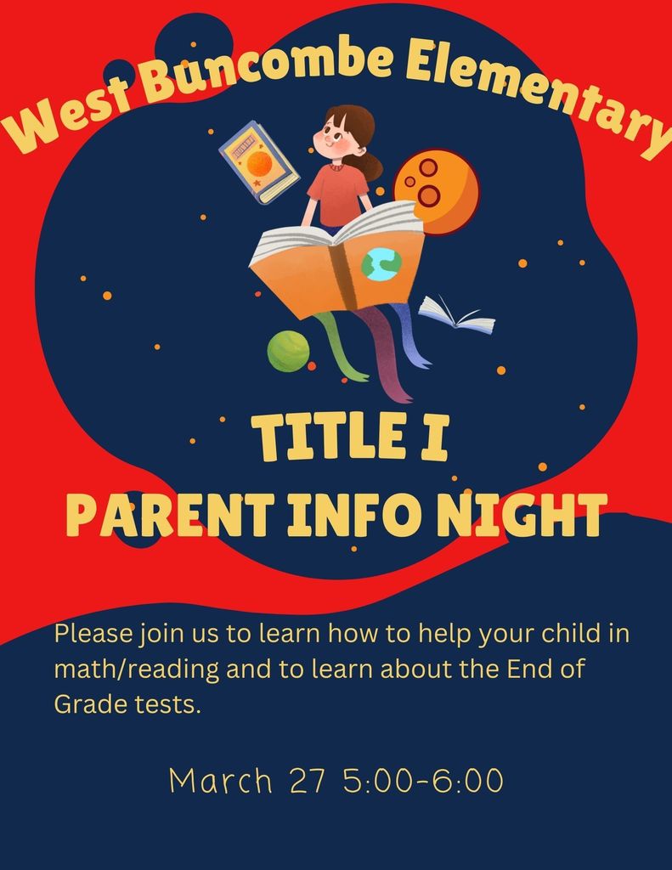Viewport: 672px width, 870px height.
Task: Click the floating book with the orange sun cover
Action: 258,162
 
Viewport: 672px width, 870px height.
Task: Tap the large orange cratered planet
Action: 437,191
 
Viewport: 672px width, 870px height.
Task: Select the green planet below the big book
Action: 288,351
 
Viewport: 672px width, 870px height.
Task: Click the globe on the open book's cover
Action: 381,264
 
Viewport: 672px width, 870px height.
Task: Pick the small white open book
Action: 457,315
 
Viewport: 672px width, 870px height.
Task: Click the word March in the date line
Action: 221,780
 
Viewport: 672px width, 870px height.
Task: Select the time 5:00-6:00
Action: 423,781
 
